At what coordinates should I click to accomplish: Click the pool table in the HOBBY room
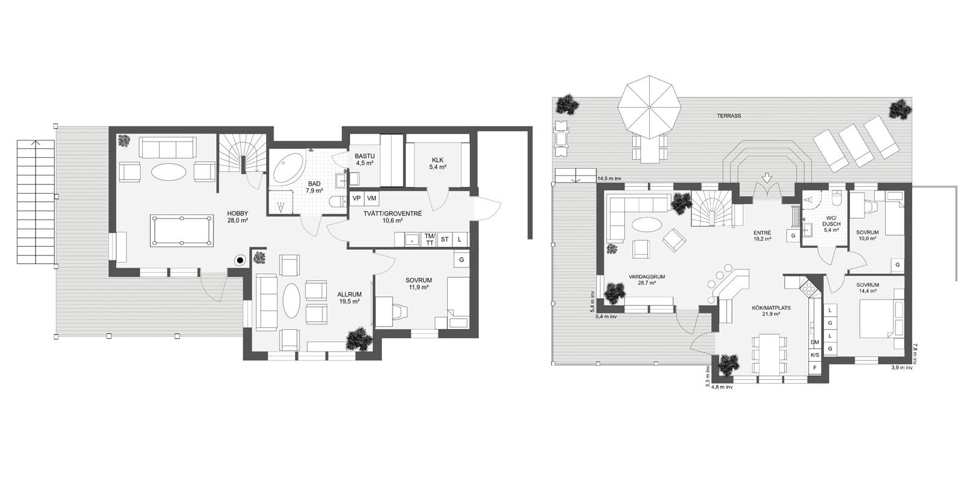(181, 231)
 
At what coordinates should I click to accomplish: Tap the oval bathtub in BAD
(288, 169)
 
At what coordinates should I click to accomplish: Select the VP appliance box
(356, 198)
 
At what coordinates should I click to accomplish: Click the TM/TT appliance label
(429, 240)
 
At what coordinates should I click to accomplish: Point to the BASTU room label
(365, 160)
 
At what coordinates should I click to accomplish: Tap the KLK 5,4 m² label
(438, 163)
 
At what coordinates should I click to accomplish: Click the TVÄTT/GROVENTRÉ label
(393, 217)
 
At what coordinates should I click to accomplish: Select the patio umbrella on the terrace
(649, 107)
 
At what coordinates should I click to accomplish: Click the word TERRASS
(729, 116)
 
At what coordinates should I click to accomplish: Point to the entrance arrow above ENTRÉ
(767, 178)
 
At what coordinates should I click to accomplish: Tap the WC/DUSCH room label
(831, 224)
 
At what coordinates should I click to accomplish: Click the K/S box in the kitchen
(814, 355)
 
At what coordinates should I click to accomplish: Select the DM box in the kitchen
(814, 342)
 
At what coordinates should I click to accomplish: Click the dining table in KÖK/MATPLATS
(768, 355)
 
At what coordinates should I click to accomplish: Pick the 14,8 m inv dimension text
(609, 178)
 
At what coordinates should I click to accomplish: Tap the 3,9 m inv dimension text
(902, 368)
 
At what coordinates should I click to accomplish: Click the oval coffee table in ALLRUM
(291, 300)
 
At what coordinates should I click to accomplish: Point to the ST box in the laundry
(445, 240)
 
